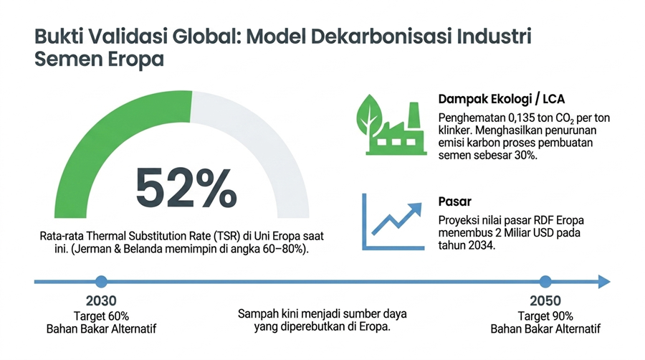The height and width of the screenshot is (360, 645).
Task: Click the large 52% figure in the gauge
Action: (x=186, y=188)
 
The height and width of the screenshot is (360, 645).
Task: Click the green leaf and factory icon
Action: (x=391, y=125)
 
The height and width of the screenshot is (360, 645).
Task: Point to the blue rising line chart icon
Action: (x=393, y=222)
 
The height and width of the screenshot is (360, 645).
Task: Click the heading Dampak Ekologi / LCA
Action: (x=501, y=99)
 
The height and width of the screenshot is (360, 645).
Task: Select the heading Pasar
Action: (x=454, y=202)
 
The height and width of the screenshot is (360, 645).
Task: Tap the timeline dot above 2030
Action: (x=101, y=282)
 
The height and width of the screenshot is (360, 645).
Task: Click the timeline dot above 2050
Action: (x=545, y=282)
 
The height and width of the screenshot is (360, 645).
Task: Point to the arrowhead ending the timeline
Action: (x=604, y=282)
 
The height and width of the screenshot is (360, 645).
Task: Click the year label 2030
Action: (x=101, y=300)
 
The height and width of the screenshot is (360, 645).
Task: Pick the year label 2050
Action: (x=545, y=300)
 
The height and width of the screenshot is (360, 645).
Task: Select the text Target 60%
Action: (x=101, y=316)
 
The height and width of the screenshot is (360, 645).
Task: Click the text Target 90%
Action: (x=545, y=316)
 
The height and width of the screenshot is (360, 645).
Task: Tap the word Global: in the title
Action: (x=207, y=37)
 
